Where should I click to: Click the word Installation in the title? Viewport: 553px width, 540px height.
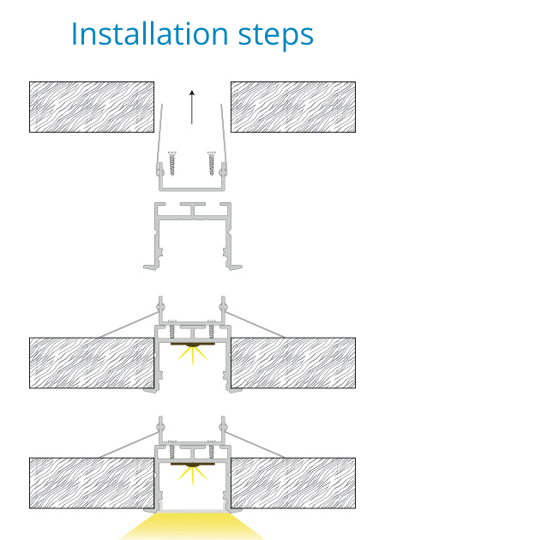pyautogui.click(x=150, y=33)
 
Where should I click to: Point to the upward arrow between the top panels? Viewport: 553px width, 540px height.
pyautogui.click(x=192, y=107)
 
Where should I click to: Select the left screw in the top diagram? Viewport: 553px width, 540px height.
pyautogui.click(x=172, y=163)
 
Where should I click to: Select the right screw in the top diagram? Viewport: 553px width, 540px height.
pyautogui.click(x=211, y=163)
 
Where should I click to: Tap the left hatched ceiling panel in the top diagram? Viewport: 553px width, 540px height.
pyautogui.click(x=92, y=107)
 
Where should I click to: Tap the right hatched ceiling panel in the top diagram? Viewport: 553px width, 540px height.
pyautogui.click(x=293, y=107)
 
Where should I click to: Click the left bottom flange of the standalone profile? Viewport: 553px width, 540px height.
pyautogui.click(x=151, y=267)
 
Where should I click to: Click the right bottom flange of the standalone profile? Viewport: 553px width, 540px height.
pyautogui.click(x=234, y=267)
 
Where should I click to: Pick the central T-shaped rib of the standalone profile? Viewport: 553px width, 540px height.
pyautogui.click(x=193, y=209)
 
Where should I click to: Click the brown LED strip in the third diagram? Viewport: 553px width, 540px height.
pyautogui.click(x=193, y=344)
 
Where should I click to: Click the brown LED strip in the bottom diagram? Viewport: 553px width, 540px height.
pyautogui.click(x=193, y=465)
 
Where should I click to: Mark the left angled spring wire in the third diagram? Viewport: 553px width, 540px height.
pyautogui.click(x=129, y=325)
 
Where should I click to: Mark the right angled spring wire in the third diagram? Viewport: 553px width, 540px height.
pyautogui.click(x=255, y=325)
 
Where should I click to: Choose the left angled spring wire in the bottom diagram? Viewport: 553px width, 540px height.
pyautogui.click(x=129, y=445)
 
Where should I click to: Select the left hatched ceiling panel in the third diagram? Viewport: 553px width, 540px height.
pyautogui.click(x=92, y=363)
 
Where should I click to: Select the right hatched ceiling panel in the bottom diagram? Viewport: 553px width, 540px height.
pyautogui.click(x=293, y=483)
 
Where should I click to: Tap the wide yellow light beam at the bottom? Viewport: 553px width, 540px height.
pyautogui.click(x=192, y=526)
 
